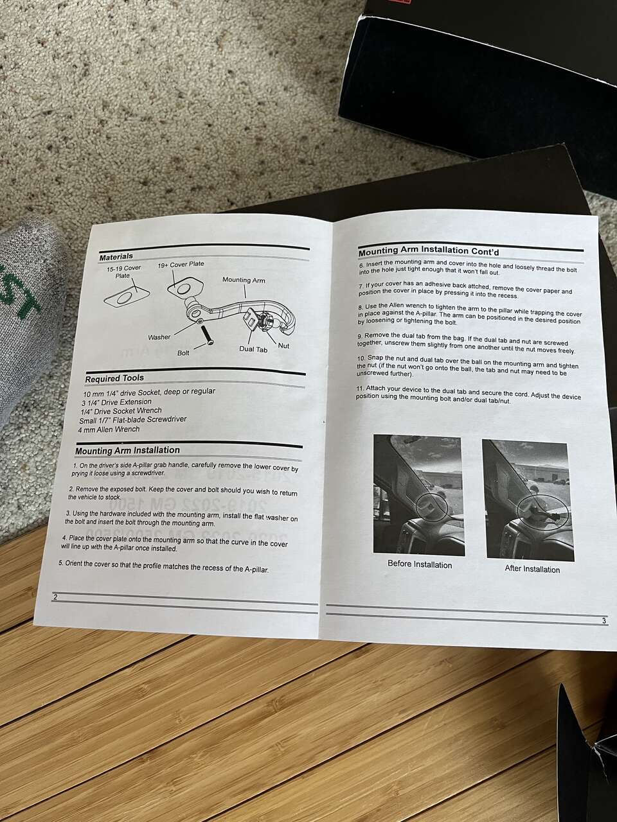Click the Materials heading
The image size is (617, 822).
pos(116,256)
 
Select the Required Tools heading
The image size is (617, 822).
pos(114,378)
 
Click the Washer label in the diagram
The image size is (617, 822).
pos(159,337)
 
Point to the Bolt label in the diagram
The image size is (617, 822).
pos(183,353)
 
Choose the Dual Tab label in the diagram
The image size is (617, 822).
pos(253,349)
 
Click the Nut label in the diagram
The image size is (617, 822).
pos(283,345)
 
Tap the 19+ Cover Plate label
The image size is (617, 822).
pos(181,264)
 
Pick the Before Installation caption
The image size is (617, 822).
pos(420,564)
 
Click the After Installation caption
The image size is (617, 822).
pos(532,569)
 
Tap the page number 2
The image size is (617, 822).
pos(55,597)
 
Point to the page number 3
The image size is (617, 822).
pos(604,621)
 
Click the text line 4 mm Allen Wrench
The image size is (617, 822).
pos(109,429)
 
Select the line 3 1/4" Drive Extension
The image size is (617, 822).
pos(116,402)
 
